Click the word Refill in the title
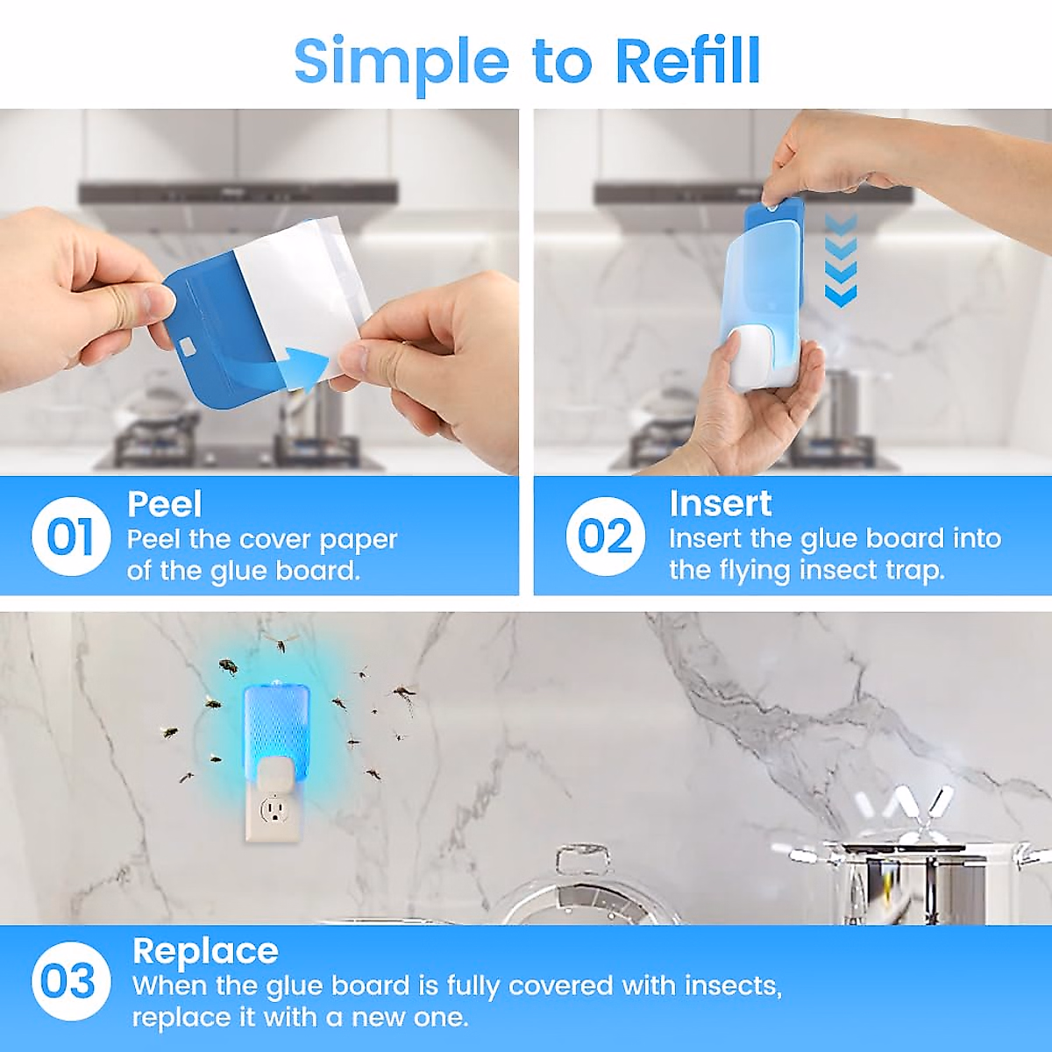[687, 60]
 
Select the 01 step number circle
[70, 537]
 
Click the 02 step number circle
[605, 537]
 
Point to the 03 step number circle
[70, 981]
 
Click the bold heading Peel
[165, 505]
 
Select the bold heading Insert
[720, 504]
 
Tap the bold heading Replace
[205, 951]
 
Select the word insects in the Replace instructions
[732, 986]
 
